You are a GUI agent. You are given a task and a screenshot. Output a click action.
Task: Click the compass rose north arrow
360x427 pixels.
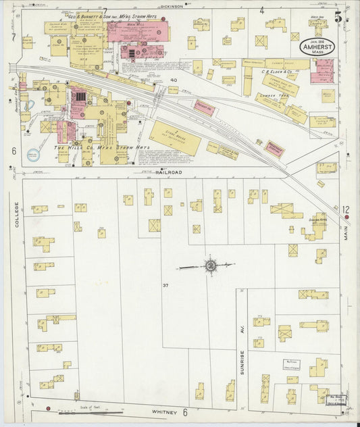(211, 266)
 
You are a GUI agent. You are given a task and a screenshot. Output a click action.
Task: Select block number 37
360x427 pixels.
(165, 286)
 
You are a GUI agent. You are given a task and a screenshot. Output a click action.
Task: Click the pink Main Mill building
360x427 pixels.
(138, 31)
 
